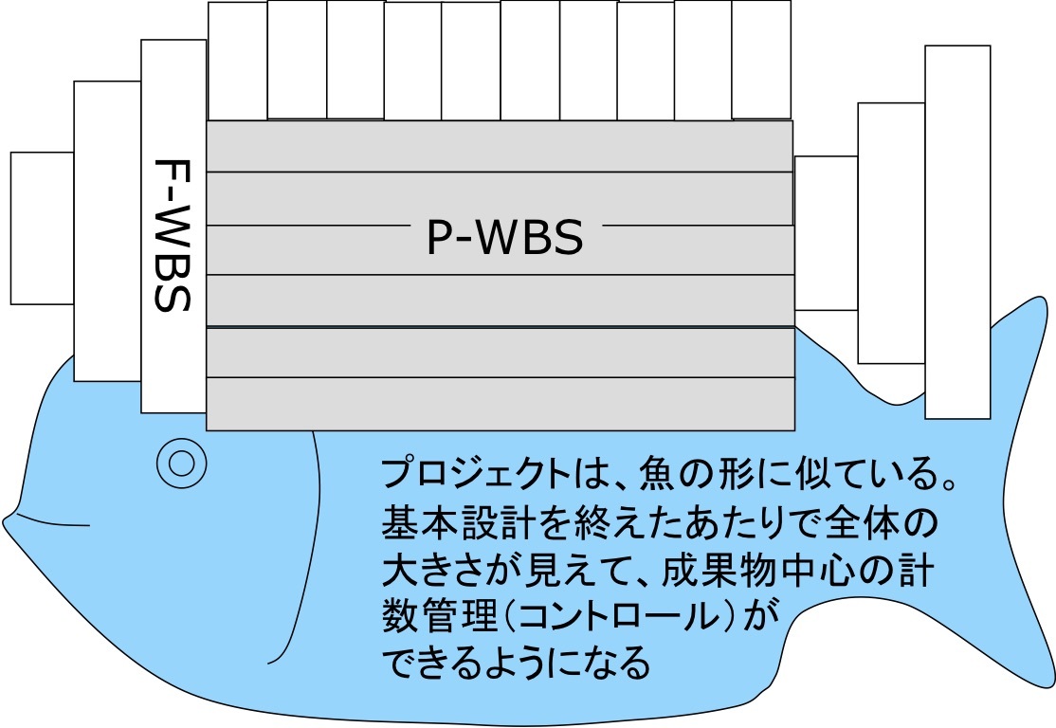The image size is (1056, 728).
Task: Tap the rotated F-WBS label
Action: click(173, 234)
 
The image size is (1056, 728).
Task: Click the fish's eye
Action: click(181, 463)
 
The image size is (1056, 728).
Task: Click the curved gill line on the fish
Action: click(304, 569)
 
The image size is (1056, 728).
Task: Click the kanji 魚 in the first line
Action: click(659, 474)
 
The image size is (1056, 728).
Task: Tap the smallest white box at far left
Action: click(42, 227)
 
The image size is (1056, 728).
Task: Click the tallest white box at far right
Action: click(957, 232)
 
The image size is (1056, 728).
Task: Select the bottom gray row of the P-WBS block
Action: click(500, 404)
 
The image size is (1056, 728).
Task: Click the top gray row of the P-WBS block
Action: click(500, 146)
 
